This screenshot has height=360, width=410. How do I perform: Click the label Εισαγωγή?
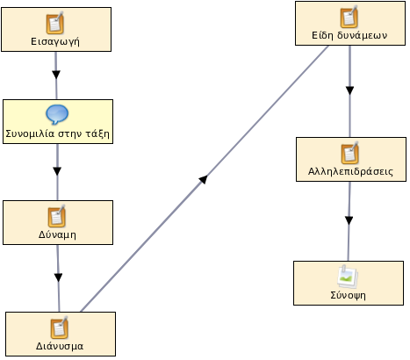point(55,41)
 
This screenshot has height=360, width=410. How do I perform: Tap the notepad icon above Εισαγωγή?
point(55,23)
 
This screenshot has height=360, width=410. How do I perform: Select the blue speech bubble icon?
point(57,114)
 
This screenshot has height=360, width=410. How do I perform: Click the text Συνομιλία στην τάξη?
point(57,134)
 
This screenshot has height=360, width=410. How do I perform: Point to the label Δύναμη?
point(57,234)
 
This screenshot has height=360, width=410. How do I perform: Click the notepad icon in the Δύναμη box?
point(57,216)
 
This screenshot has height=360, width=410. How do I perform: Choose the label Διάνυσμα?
point(60,346)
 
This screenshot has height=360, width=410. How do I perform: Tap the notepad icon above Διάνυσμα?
point(59,328)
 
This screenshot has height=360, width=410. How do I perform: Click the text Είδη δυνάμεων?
point(349,35)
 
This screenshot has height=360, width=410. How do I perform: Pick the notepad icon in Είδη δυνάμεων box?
point(349,17)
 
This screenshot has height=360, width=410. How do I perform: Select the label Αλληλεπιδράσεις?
point(350,171)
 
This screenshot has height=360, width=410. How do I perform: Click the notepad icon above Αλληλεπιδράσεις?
point(350,153)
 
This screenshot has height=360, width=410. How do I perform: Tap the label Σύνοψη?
point(349,295)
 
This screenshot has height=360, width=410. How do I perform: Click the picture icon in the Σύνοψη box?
point(348,277)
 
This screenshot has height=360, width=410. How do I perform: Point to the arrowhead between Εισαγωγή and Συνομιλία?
point(56,75)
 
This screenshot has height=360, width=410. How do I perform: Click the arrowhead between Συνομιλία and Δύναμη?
point(57,171)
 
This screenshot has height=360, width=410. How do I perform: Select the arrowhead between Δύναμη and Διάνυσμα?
point(59,277)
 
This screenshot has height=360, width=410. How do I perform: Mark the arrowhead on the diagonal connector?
point(203,179)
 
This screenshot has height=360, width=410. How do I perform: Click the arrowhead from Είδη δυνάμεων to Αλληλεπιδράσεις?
point(349,90)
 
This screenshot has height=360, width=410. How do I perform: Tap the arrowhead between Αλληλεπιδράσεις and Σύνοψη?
point(349,220)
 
